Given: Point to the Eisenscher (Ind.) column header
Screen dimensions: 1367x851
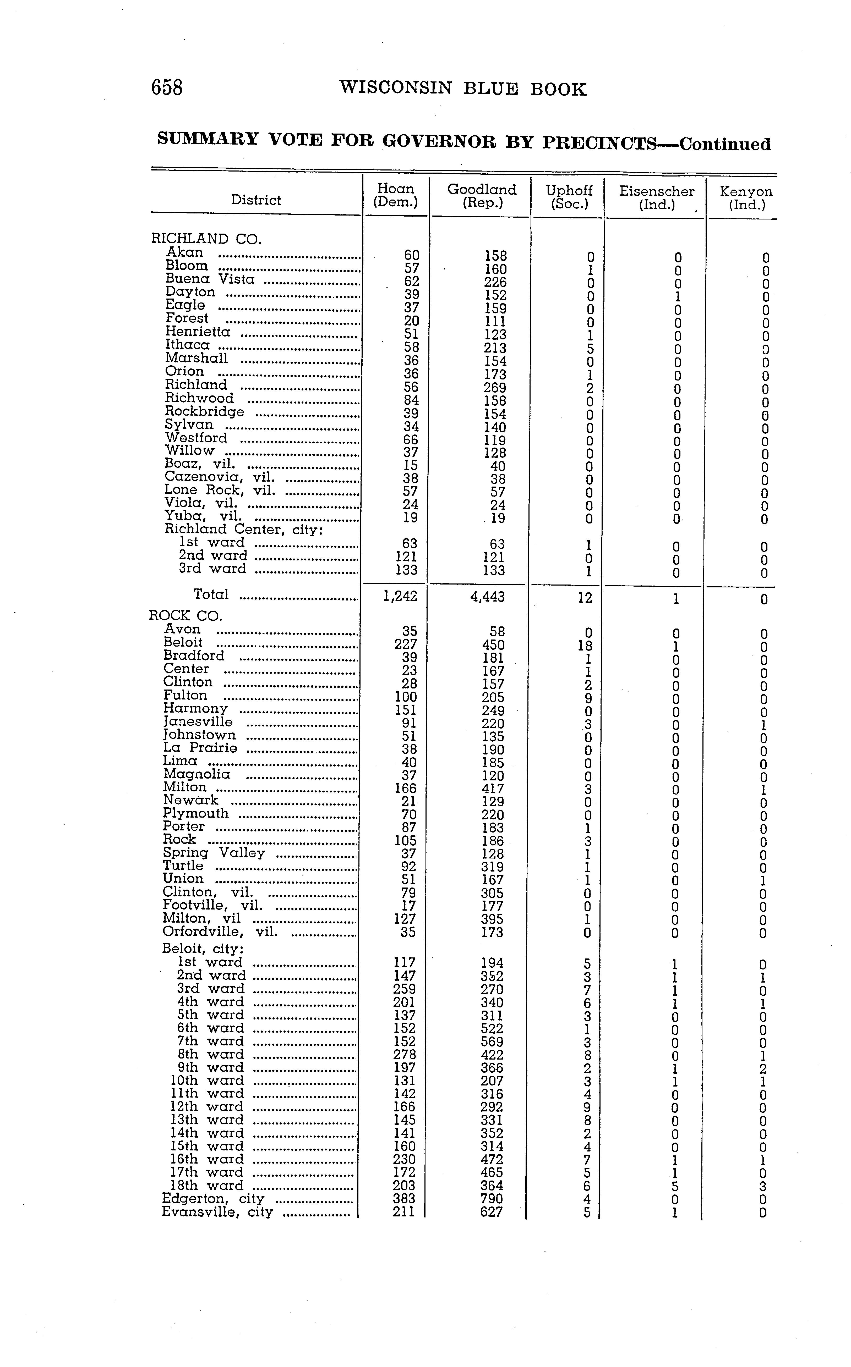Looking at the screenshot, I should [x=656, y=197].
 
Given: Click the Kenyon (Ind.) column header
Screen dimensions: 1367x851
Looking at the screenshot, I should [x=746, y=197].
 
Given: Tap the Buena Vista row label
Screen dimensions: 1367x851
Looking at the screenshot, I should [x=210, y=279].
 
